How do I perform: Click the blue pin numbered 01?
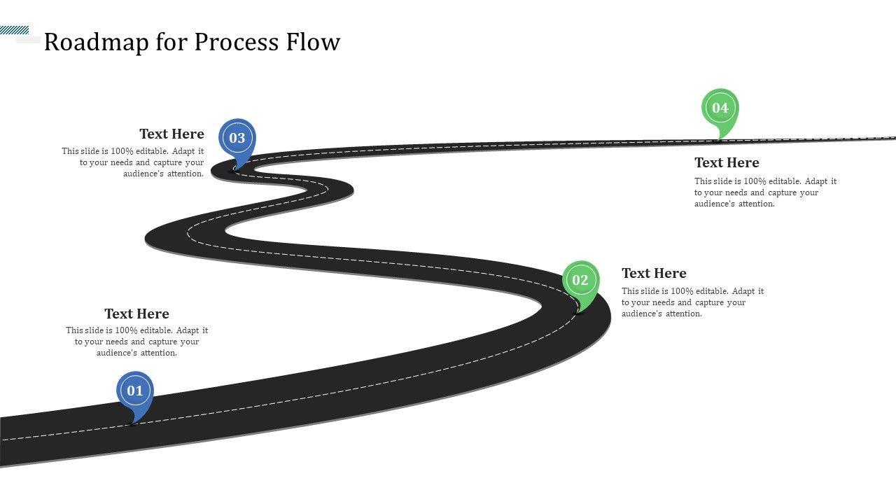[134, 391]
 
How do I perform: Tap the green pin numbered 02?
[580, 281]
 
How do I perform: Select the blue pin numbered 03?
[237, 138]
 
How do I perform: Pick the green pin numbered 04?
[720, 108]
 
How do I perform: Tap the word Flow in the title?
[313, 42]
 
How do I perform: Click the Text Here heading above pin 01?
[136, 314]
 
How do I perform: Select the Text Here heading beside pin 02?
[654, 273]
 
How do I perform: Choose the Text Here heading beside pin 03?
[171, 134]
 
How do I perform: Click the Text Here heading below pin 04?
[727, 162]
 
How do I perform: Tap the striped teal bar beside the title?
[14, 30]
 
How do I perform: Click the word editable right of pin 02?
[712, 291]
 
